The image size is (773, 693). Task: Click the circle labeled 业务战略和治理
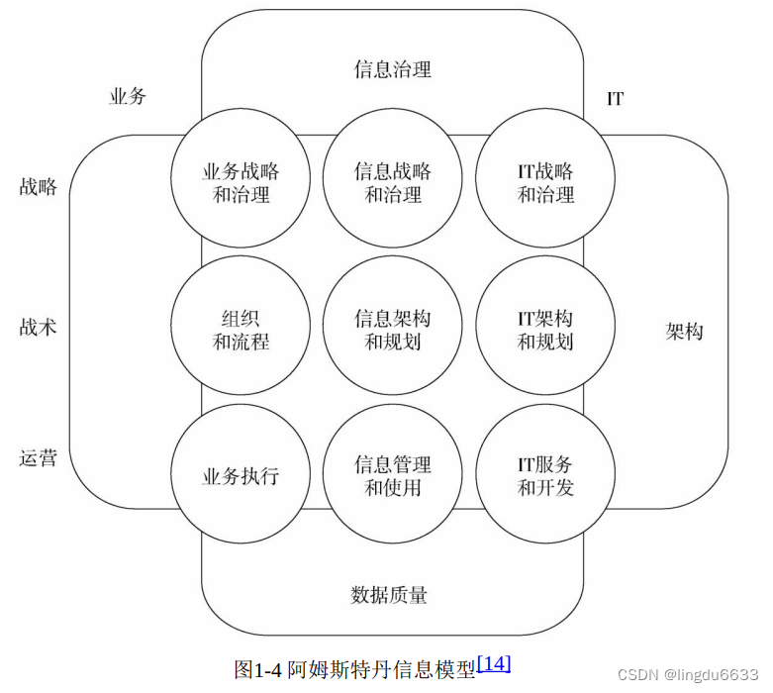click(x=241, y=182)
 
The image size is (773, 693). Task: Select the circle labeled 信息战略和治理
click(x=393, y=182)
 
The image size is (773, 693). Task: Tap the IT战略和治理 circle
click(x=545, y=182)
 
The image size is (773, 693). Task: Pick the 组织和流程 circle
click(x=241, y=330)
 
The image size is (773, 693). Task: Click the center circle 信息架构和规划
click(x=393, y=330)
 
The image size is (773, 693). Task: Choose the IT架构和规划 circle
click(x=545, y=330)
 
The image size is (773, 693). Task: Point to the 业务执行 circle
click(x=241, y=475)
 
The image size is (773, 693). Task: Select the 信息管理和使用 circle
click(x=393, y=475)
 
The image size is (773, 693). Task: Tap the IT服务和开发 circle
click(x=545, y=475)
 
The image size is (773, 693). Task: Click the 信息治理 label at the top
click(x=393, y=69)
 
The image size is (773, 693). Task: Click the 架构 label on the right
click(x=684, y=331)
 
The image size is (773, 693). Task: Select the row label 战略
click(x=39, y=186)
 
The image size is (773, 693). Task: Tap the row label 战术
click(x=39, y=327)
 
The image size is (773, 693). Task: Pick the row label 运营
click(x=39, y=457)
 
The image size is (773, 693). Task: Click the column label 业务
click(x=128, y=96)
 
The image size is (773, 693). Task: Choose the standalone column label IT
click(x=615, y=99)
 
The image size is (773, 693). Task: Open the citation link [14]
click(x=493, y=663)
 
